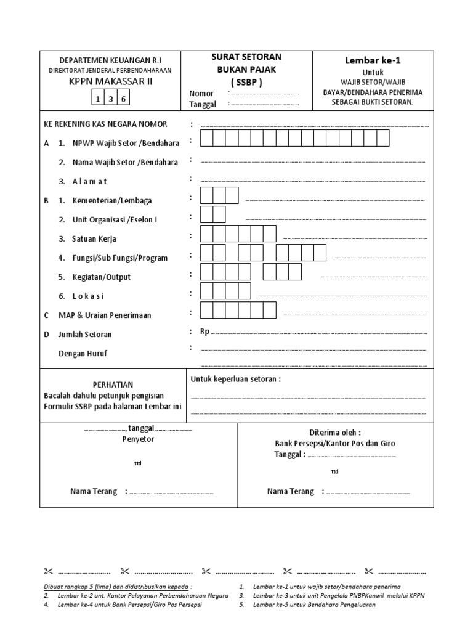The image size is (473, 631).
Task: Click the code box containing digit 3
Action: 111,99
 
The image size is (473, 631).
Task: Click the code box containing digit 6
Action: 124,99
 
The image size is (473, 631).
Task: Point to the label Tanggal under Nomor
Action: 203,104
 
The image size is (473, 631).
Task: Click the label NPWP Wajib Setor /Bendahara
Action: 119,143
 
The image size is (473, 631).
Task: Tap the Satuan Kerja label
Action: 94,238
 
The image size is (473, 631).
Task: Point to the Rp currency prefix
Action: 204,332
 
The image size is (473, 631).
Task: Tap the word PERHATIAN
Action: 113,385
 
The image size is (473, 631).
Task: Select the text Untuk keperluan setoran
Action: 235,379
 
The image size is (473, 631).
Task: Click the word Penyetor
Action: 138,439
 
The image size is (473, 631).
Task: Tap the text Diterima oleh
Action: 335,432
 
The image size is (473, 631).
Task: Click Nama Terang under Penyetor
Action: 94,491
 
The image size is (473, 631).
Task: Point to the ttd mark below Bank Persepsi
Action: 334,471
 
